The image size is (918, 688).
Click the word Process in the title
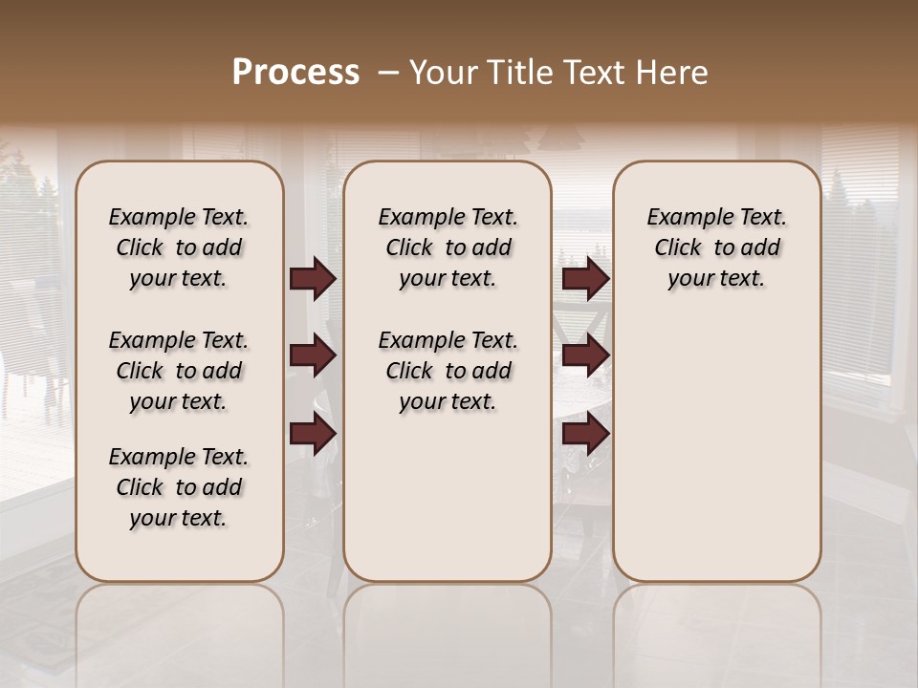(295, 72)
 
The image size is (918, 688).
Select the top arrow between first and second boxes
(313, 278)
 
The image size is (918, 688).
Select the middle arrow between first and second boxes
(313, 355)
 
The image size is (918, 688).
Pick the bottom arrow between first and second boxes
(313, 434)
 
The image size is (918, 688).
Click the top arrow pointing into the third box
(585, 278)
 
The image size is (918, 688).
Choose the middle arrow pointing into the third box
(585, 355)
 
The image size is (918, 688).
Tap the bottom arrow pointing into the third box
(585, 434)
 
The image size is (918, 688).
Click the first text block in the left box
(179, 247)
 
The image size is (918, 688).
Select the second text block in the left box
(179, 371)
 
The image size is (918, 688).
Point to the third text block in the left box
(179, 487)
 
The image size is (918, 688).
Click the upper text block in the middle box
(448, 247)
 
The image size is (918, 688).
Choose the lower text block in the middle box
(448, 371)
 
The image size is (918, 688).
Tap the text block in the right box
(716, 247)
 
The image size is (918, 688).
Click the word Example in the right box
(683, 218)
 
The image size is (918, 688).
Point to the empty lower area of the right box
(716, 449)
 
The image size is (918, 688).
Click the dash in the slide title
(388, 72)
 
